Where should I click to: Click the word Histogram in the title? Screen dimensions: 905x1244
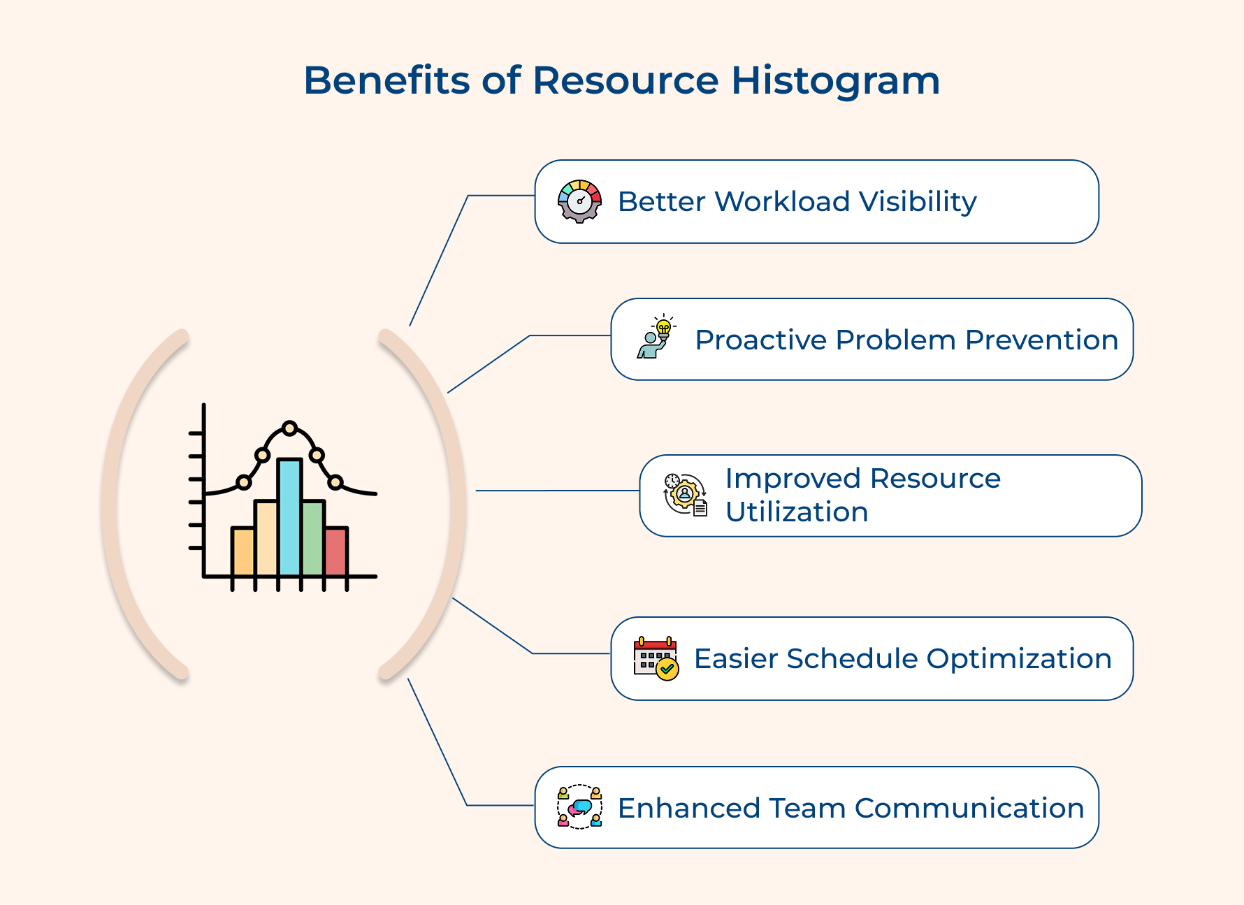coord(835,81)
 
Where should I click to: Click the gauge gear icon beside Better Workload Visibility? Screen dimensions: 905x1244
coord(579,201)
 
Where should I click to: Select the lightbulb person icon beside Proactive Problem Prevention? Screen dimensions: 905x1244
coord(656,338)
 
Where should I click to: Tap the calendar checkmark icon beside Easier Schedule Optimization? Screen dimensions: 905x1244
coord(656,658)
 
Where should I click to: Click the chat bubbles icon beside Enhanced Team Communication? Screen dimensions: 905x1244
coord(579,807)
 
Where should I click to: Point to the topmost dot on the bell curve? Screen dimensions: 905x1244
coord(289,428)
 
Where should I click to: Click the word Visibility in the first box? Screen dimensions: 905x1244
coord(917,202)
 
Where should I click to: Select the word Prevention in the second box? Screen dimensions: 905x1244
coord(1041,340)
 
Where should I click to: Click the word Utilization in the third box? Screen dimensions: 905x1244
coord(797,512)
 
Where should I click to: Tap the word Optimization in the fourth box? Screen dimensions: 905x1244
coord(1018,659)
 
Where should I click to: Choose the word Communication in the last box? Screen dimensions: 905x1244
coord(969,809)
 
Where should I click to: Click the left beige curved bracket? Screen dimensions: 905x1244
coord(112,503)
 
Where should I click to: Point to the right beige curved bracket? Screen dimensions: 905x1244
coord(456,503)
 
